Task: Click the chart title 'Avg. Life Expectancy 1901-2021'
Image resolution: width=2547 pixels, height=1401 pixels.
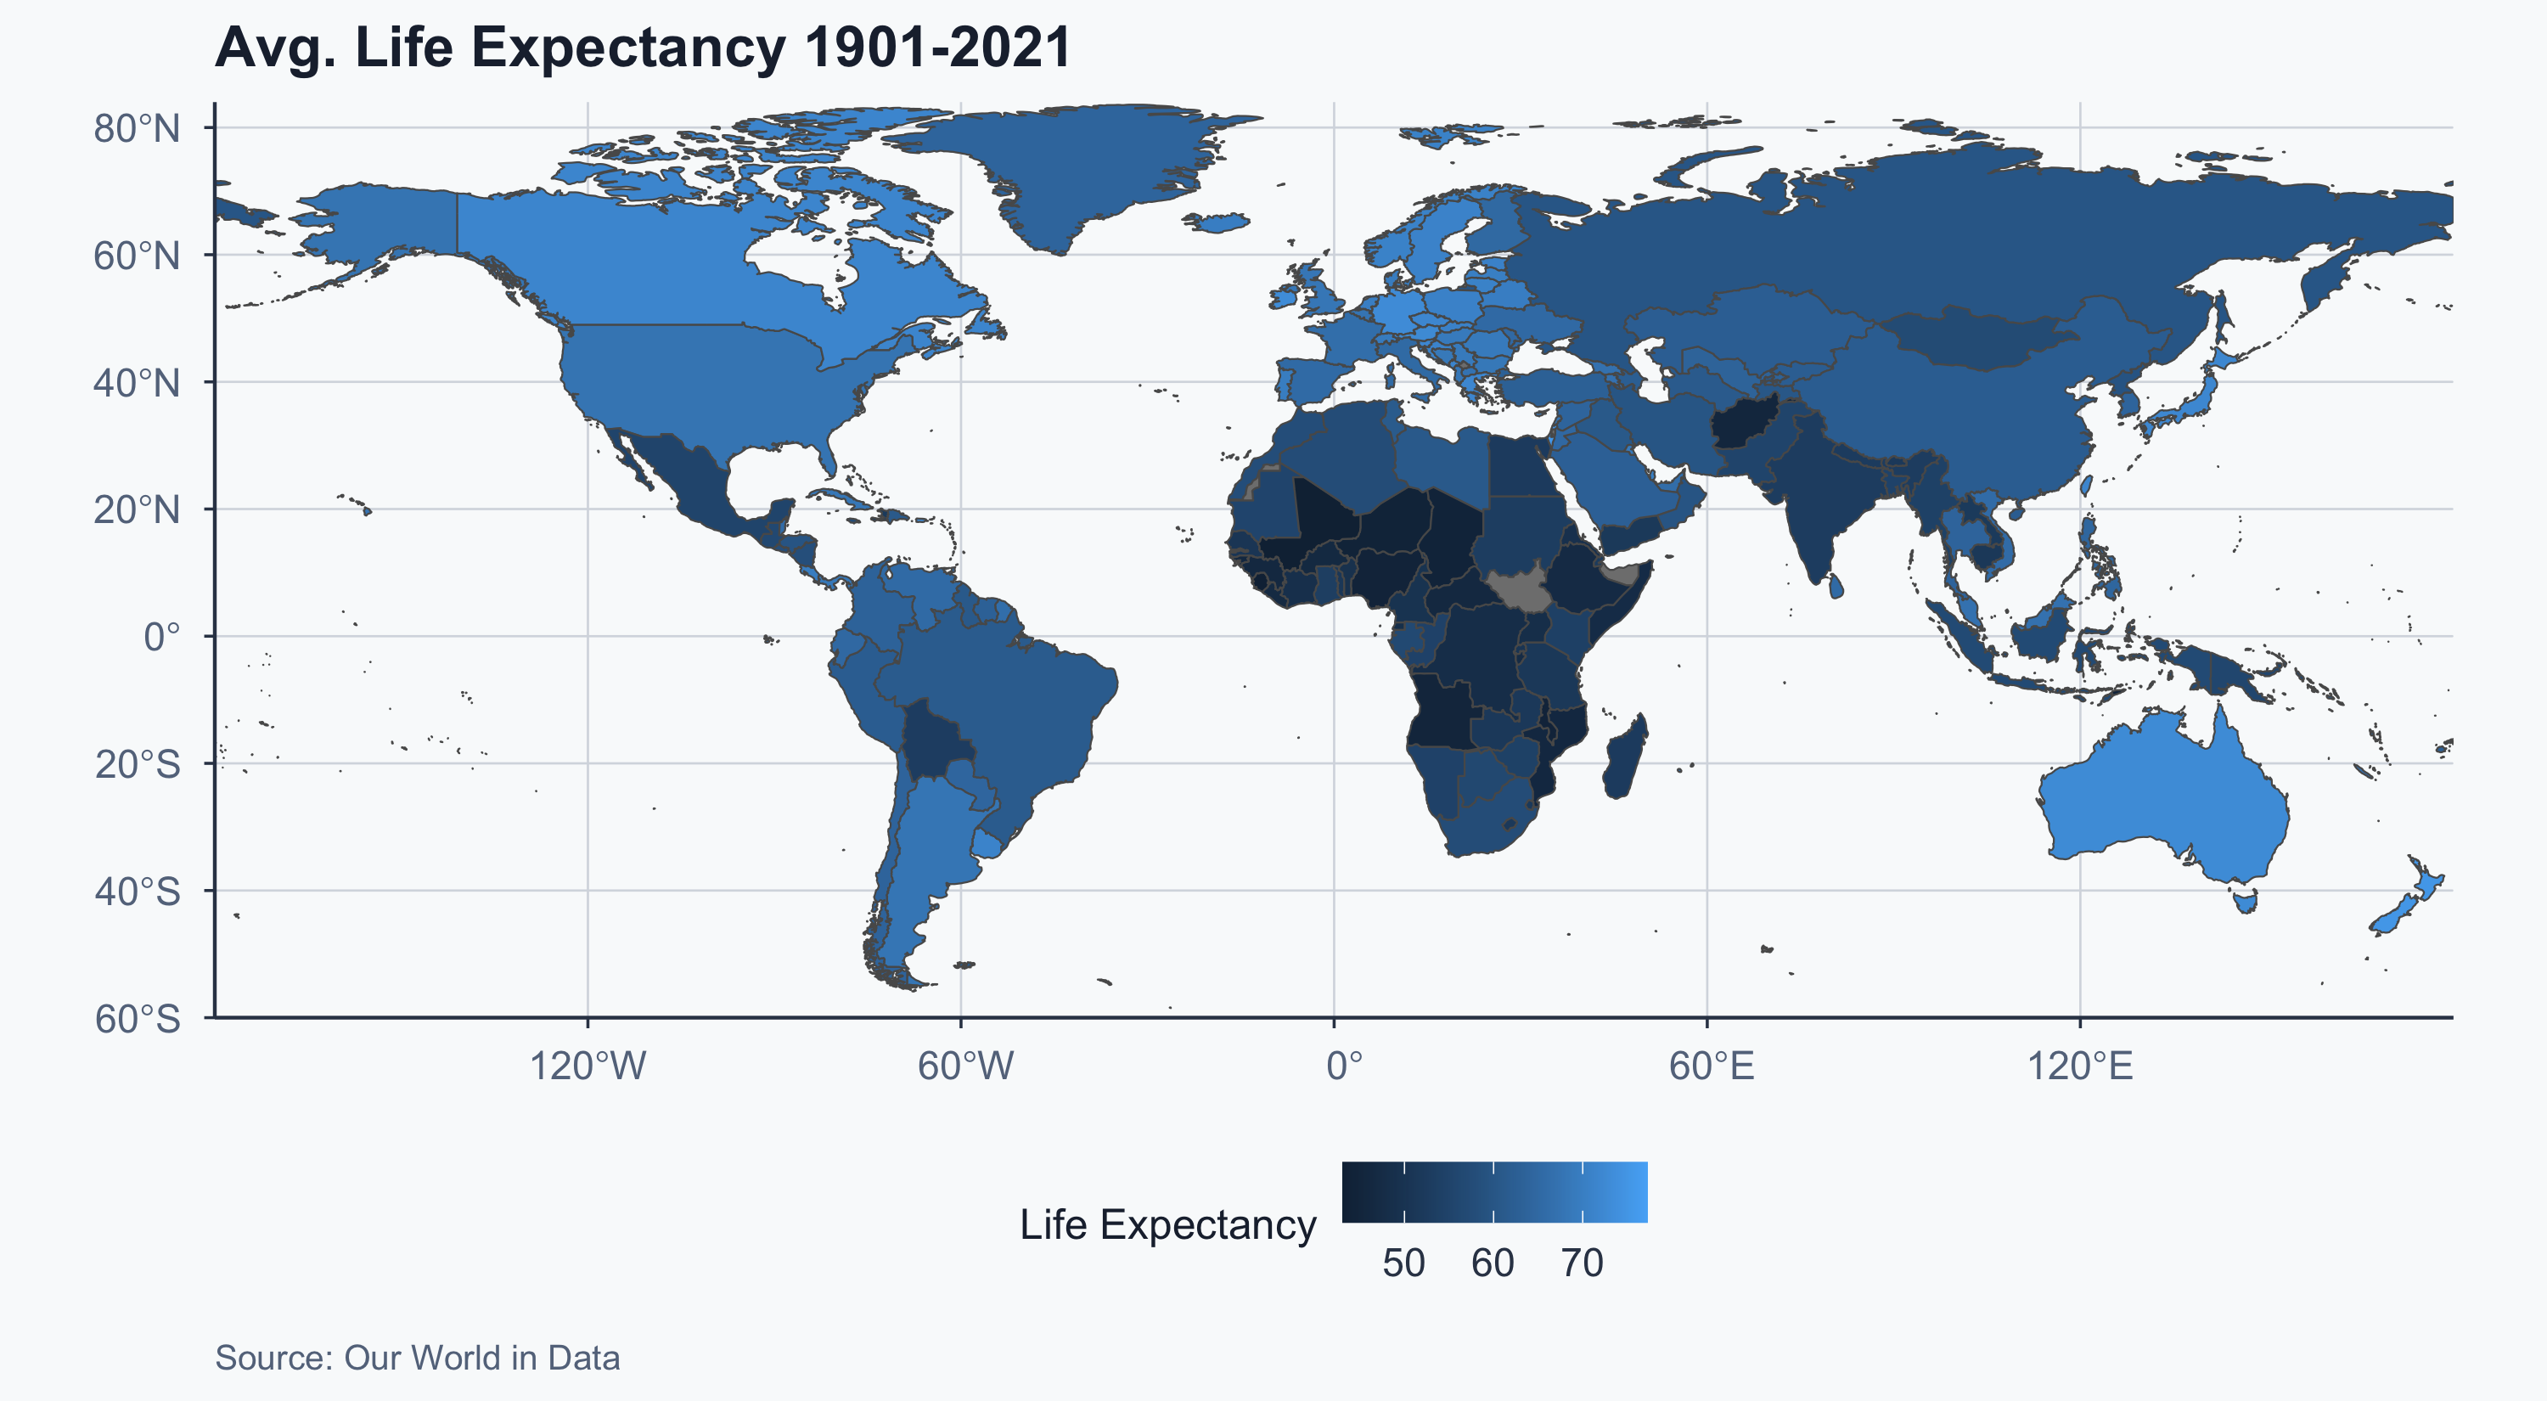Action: click(x=643, y=48)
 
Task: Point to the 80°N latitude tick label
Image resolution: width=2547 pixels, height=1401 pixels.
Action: click(x=138, y=128)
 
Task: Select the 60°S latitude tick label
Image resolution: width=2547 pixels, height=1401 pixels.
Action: click(x=138, y=1018)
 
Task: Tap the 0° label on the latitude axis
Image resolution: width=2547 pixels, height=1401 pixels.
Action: click(x=161, y=637)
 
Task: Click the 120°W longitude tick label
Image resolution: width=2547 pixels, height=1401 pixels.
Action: click(x=588, y=1066)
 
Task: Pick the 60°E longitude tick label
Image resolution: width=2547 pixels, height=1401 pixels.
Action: click(x=1712, y=1066)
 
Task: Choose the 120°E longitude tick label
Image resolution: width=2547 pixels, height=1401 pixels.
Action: click(x=2080, y=1066)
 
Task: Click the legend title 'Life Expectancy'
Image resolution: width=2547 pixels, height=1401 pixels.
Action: click(x=1167, y=1224)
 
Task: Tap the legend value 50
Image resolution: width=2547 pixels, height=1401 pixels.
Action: click(x=1403, y=1263)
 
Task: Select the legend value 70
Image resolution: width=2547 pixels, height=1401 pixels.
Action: click(x=1582, y=1263)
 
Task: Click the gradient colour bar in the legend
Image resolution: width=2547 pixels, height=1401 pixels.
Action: click(x=1494, y=1192)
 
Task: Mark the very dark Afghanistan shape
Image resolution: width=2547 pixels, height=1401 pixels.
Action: click(x=1743, y=425)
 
